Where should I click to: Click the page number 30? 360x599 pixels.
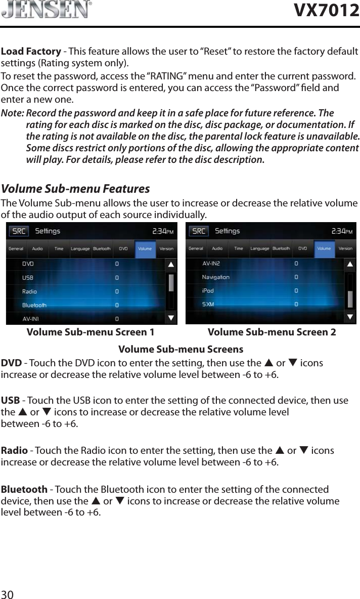7,593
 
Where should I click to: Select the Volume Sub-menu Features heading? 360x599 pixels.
76,189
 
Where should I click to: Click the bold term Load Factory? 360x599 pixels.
31,52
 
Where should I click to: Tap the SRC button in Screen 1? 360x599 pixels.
20,232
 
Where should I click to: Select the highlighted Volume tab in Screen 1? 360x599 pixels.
145,249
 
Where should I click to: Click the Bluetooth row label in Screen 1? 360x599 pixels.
34,306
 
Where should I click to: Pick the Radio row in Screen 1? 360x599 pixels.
29,292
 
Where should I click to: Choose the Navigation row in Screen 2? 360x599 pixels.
215,277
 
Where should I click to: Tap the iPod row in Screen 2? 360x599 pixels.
208,291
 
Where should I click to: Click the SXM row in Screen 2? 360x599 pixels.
208,305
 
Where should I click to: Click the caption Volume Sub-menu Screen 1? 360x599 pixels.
91,333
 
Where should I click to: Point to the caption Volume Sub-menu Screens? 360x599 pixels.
181,350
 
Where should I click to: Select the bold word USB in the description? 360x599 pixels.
10,401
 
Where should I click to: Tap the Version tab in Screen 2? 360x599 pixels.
345,248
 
